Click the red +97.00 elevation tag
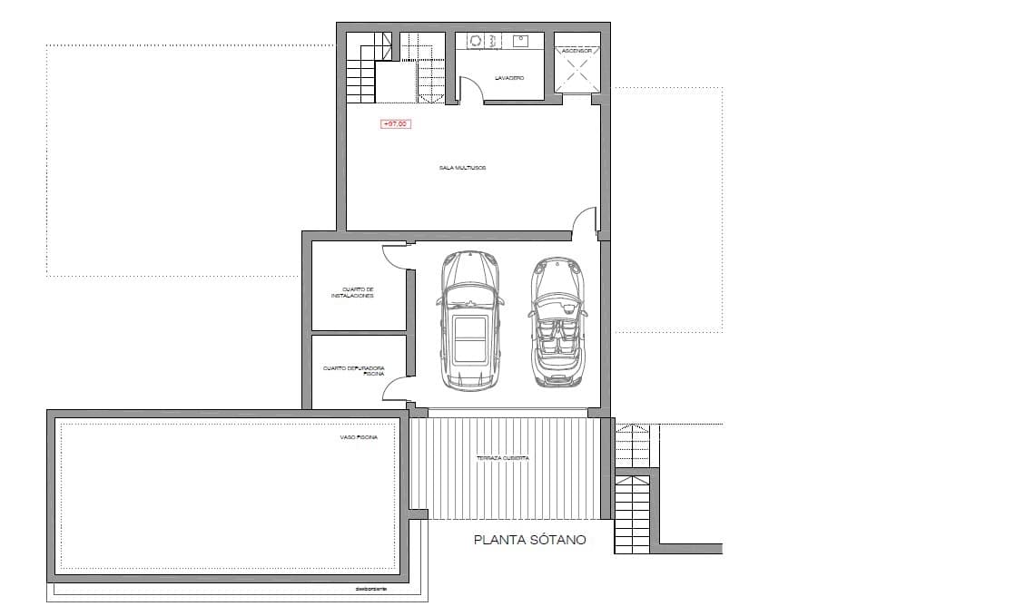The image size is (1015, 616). tap(395, 124)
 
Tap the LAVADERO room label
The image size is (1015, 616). tap(509, 78)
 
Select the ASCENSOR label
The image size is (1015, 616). tap(577, 52)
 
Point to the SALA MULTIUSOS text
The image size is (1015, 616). tap(464, 168)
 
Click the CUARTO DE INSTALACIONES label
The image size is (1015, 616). tap(352, 292)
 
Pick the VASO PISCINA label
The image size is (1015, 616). tap(359, 436)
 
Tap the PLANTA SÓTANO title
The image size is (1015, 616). tap(530, 540)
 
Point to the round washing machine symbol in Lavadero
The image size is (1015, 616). tap(474, 41)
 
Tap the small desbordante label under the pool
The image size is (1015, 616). tap(371, 590)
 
